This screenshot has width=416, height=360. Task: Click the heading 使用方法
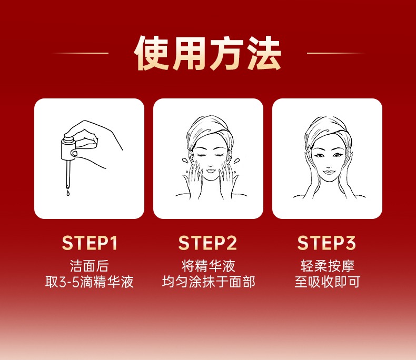click(207, 53)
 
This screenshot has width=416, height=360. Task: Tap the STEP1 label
click(90, 243)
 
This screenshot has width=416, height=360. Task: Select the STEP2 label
click(207, 243)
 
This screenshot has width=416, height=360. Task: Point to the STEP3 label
click(326, 243)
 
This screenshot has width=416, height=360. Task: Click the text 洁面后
click(90, 266)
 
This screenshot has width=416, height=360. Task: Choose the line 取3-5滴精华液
click(90, 282)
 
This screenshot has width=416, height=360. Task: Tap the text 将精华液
click(209, 266)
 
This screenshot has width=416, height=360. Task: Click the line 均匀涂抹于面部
click(209, 282)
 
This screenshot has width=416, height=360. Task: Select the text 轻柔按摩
click(328, 266)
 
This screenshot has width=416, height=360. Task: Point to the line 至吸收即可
click(328, 282)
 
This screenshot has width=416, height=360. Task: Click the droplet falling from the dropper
click(68, 193)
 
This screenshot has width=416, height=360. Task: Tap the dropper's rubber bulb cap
click(69, 138)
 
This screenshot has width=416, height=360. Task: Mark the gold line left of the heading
click(81, 53)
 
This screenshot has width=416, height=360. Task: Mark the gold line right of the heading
click(335, 53)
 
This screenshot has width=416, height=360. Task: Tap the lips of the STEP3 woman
click(329, 172)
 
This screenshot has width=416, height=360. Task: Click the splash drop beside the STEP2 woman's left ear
click(184, 161)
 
